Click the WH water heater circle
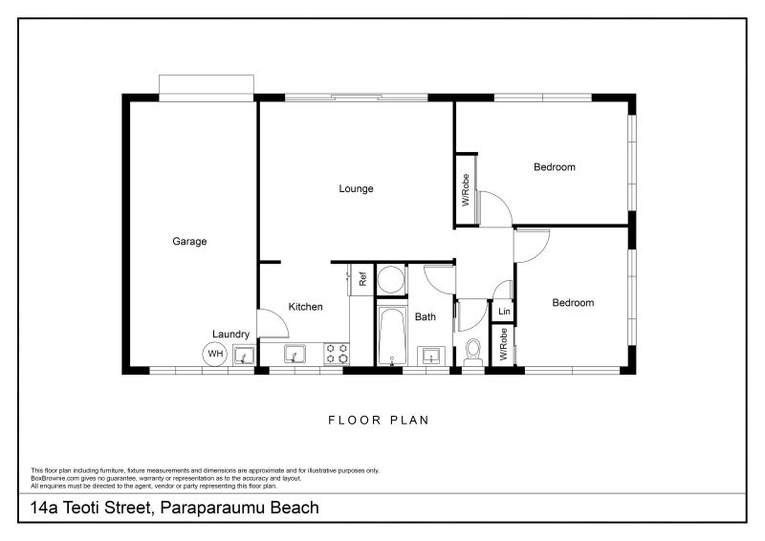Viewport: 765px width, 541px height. (x=215, y=355)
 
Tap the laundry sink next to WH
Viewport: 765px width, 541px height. (x=245, y=356)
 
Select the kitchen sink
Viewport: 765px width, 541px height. (x=295, y=355)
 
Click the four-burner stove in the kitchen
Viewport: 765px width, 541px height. (x=336, y=355)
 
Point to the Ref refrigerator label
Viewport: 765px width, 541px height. (x=363, y=280)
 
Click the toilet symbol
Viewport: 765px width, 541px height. (x=472, y=353)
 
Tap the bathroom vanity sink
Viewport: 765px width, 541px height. (x=431, y=356)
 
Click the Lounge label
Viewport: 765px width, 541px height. (x=356, y=188)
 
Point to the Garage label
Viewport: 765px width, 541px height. (x=189, y=242)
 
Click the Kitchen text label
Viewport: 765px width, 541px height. (x=306, y=307)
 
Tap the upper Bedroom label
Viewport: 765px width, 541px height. (x=555, y=167)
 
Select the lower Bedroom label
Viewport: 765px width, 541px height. (x=573, y=303)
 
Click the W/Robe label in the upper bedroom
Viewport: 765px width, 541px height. (x=466, y=190)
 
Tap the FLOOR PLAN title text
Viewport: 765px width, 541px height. (x=380, y=420)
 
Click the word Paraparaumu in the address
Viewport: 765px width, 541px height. (x=208, y=508)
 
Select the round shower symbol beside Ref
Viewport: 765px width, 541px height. (x=390, y=280)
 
